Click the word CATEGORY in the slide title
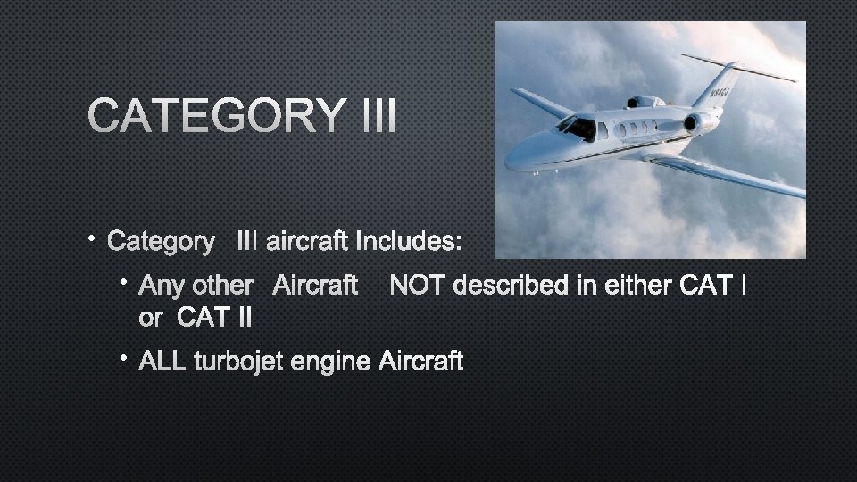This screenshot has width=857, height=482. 215,116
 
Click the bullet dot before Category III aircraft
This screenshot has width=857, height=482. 94,238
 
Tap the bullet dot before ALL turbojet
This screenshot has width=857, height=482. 127,359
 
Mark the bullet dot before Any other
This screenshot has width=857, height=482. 127,283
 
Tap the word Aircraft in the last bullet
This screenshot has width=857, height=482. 421,361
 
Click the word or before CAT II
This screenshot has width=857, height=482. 152,316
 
